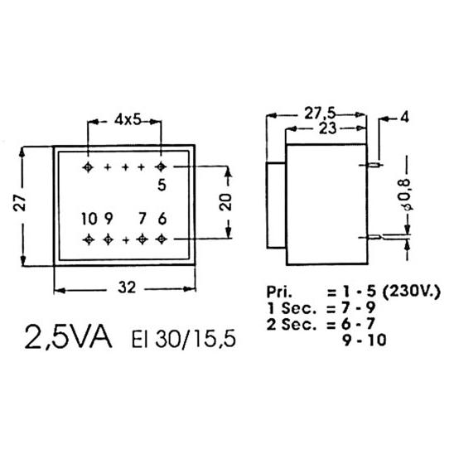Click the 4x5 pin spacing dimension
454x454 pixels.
coord(128,119)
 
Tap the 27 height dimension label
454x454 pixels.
coord(20,202)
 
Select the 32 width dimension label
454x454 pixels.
coord(127,287)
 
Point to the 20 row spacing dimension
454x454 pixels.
coord(225,201)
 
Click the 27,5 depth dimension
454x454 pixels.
coord(319,113)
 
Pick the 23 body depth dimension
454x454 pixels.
coord(328,128)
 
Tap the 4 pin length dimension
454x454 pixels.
coord(404,118)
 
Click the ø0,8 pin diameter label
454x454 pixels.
coord(406,194)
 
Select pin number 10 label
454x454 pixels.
coord(89,219)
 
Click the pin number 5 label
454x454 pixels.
coord(162,185)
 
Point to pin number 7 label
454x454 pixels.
coord(142,219)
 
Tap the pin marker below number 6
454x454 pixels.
coord(162,239)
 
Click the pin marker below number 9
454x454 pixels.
coord(108,239)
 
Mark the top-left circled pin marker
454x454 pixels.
coord(88,167)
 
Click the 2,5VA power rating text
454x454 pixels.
coord(69,338)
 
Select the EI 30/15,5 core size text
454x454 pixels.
coord(184,339)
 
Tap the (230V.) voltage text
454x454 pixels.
coord(412,292)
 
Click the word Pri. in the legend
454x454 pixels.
coord(279,292)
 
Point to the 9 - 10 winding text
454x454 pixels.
coord(365,340)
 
